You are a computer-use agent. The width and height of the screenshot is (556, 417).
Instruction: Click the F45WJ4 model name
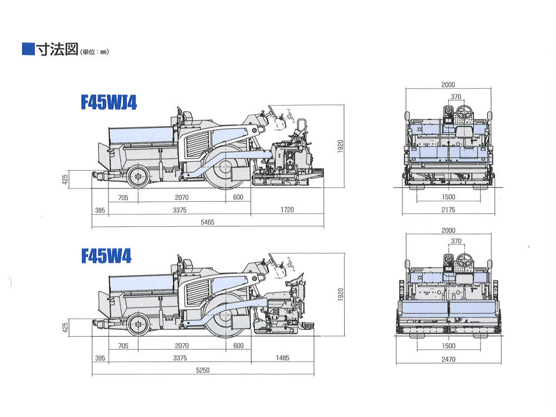point(109,102)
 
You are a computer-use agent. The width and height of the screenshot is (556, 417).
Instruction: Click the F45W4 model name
point(106,255)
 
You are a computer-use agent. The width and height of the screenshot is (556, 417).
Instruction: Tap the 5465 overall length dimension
point(207,222)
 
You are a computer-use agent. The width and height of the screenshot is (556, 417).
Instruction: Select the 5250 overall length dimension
point(202,370)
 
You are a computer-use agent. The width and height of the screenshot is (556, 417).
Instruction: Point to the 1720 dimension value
point(287,210)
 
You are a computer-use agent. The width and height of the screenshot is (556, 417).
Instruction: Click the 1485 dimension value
point(282,358)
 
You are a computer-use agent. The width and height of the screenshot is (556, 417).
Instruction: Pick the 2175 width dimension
point(448,210)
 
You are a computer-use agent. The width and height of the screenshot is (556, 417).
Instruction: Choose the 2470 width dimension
point(448,359)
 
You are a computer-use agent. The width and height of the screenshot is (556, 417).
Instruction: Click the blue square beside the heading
point(28,49)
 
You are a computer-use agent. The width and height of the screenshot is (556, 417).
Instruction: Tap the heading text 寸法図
point(57,49)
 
